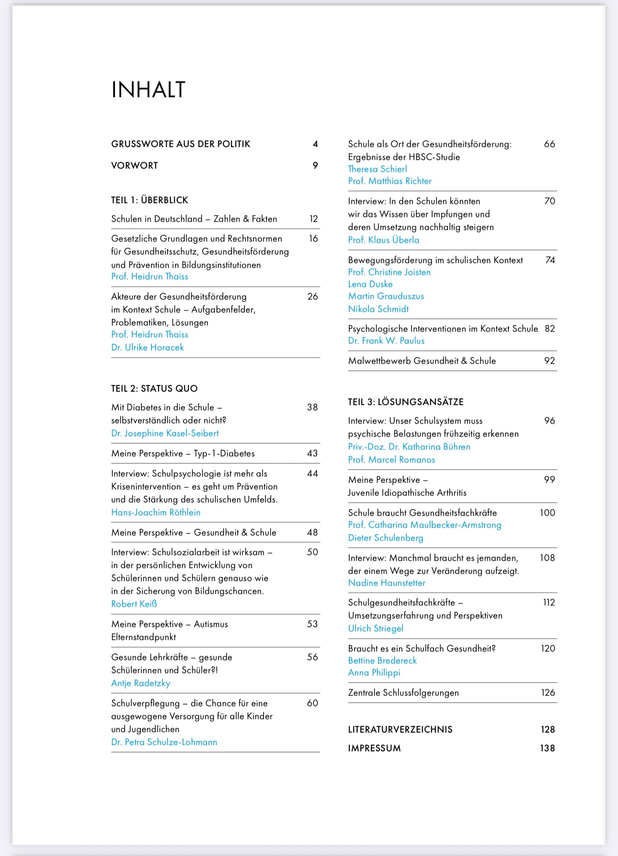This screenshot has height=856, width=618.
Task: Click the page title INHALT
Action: click(148, 90)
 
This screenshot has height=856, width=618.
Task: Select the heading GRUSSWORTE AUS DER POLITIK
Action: click(181, 144)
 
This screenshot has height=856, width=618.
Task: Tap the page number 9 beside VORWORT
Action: click(315, 165)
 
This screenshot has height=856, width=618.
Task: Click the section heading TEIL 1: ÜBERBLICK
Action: click(149, 200)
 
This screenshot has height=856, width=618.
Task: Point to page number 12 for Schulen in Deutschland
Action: click(314, 219)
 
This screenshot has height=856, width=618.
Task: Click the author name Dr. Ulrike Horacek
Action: click(148, 347)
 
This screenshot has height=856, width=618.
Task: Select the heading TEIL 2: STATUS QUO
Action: click(154, 388)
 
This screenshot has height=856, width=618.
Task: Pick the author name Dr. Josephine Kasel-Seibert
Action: click(165, 433)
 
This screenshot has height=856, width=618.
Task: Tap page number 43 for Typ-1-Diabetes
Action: click(312, 453)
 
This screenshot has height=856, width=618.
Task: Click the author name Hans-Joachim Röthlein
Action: click(156, 512)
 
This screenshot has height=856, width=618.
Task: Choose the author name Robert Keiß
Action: click(134, 604)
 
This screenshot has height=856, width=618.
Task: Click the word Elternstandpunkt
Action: click(143, 637)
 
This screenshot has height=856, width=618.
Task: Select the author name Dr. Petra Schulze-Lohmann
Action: click(164, 742)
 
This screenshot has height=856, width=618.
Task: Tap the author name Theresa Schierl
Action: click(378, 169)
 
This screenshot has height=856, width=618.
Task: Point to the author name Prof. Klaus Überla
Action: click(383, 240)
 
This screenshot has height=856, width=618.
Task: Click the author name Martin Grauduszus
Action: click(386, 296)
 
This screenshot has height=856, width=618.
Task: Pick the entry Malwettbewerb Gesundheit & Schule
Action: click(422, 361)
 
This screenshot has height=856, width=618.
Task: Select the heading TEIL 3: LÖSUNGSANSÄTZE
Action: click(406, 402)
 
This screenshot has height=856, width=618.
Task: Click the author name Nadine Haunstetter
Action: click(387, 583)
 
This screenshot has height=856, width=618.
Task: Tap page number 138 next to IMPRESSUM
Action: click(547, 748)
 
